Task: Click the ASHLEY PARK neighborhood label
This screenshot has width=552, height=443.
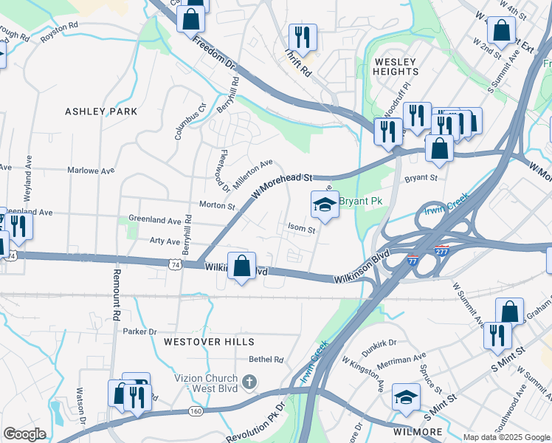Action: pyautogui.click(x=101, y=111)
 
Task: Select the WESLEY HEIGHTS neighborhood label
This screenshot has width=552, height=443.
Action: pyautogui.click(x=396, y=66)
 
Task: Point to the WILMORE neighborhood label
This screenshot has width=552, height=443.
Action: pyautogui.click(x=418, y=431)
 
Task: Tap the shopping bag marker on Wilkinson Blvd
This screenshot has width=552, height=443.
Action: pyautogui.click(x=242, y=267)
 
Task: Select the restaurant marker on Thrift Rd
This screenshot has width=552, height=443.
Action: pyautogui.click(x=303, y=38)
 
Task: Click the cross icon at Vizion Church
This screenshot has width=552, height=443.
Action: pyautogui.click(x=249, y=382)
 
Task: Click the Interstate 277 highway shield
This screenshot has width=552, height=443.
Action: pyautogui.click(x=441, y=252)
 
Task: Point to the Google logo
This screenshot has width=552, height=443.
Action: pyautogui.click(x=24, y=434)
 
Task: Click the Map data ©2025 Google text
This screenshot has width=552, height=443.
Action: pyautogui.click(x=506, y=437)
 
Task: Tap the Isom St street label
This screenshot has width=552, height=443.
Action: pyautogui.click(x=302, y=230)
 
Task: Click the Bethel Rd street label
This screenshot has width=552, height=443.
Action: pyautogui.click(x=266, y=360)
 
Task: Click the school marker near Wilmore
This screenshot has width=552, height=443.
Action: pyautogui.click(x=406, y=399)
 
